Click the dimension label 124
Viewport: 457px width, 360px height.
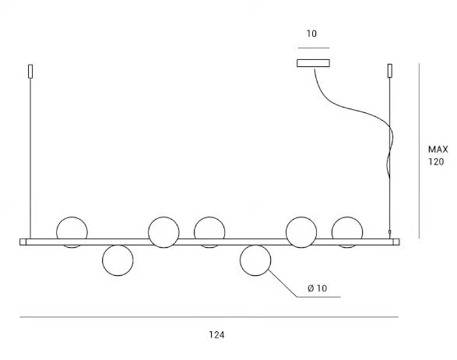[x=216, y=334]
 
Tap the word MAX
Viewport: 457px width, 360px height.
[x=438, y=150]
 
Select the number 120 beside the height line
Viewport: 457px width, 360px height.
[x=436, y=161]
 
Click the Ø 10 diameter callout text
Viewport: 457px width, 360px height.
[x=318, y=288]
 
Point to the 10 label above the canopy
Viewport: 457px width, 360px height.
[x=311, y=34]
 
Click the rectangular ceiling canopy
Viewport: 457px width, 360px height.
[x=313, y=63]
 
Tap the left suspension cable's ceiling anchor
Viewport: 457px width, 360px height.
[x=30, y=71]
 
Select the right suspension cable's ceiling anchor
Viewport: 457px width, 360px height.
[x=390, y=71]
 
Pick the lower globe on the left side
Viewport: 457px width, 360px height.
[x=118, y=260]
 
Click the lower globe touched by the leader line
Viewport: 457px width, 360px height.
[x=255, y=260]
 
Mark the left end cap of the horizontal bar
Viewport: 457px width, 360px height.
[x=23, y=242]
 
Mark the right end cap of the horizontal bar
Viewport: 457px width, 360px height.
[x=396, y=242]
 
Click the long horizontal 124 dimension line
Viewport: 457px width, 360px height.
[x=209, y=317]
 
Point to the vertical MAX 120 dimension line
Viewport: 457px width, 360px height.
[x=419, y=151]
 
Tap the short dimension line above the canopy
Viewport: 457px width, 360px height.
[x=314, y=48]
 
